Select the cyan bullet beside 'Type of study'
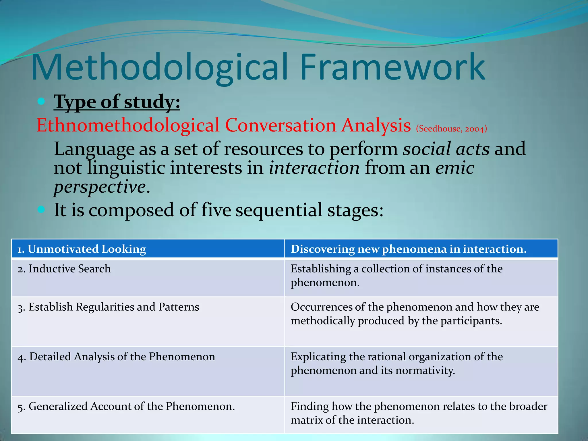click(x=41, y=101)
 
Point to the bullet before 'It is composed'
click(x=41, y=210)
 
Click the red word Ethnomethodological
click(x=128, y=125)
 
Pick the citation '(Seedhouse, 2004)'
click(x=451, y=129)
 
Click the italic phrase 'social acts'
click(x=446, y=149)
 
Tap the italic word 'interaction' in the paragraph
click(x=314, y=168)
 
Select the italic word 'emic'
click(x=454, y=168)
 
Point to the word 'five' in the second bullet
click(x=216, y=210)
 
